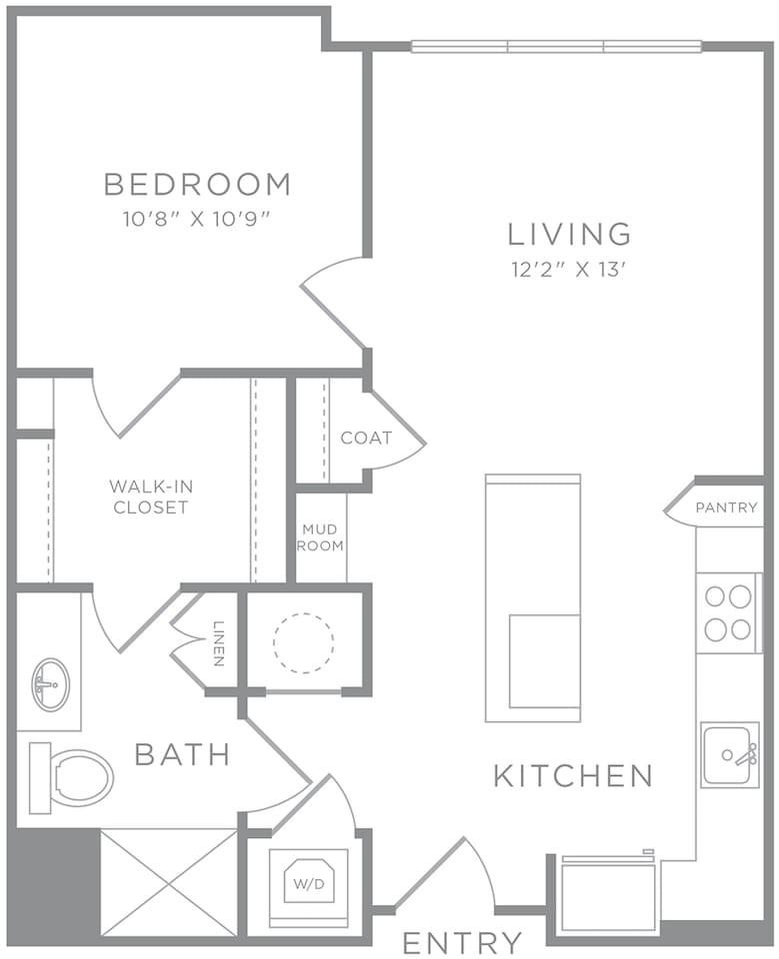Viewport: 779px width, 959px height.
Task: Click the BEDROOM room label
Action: tap(197, 185)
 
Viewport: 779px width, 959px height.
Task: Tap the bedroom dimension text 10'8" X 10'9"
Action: tap(197, 219)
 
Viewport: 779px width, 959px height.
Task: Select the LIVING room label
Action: tap(570, 234)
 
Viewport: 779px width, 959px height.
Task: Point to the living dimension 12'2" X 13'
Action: tap(570, 268)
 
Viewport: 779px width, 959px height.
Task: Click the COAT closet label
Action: tap(366, 438)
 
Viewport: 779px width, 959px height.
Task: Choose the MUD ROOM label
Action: tap(321, 537)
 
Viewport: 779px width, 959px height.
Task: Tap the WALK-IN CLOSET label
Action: tap(150, 496)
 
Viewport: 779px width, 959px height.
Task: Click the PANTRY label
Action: tap(726, 507)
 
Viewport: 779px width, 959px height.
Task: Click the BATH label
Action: tap(183, 754)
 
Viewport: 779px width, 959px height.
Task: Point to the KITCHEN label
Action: tap(573, 775)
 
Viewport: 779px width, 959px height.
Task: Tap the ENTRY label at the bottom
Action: tap(462, 942)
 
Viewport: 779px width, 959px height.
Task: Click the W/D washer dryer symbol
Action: tap(308, 883)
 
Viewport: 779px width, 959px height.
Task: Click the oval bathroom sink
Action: tap(50, 684)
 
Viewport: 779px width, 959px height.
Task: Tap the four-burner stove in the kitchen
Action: tap(728, 613)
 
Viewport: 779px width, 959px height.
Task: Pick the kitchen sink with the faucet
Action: tap(729, 754)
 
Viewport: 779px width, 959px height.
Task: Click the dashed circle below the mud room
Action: tap(303, 642)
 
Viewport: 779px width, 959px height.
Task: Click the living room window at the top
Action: tap(556, 46)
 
